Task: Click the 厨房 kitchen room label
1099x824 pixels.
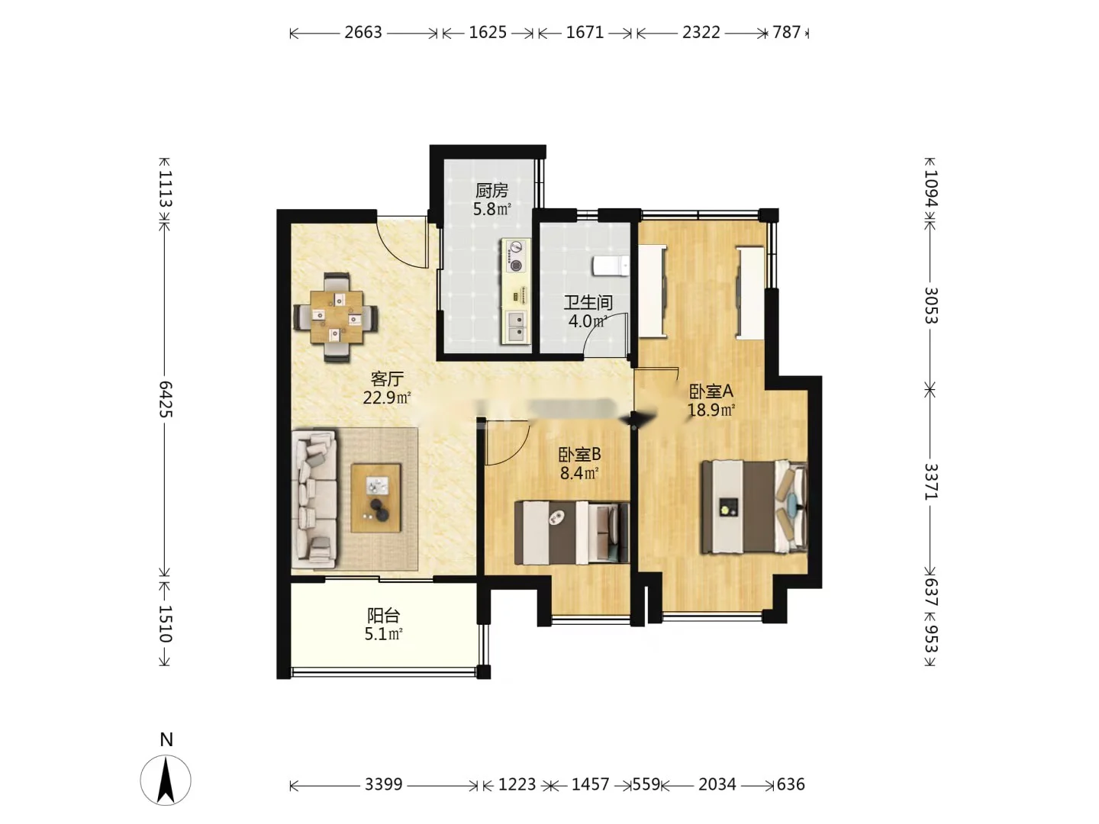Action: [x=491, y=190]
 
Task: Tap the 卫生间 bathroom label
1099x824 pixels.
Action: [x=588, y=303]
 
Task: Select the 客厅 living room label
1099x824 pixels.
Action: [x=386, y=378]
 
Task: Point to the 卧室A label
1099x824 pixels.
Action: [x=711, y=391]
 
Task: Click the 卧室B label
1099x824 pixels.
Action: [x=579, y=454]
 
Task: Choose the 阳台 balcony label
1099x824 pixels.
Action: [x=384, y=615]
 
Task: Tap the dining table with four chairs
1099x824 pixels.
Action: [x=336, y=317]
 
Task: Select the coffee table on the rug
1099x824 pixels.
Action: [x=376, y=497]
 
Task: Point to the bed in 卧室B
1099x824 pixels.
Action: [x=572, y=533]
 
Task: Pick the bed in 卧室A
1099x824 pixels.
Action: [x=755, y=507]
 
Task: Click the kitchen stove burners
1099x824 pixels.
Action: [x=516, y=256]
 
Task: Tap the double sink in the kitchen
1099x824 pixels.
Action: [x=516, y=327]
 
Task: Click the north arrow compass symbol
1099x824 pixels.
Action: [x=166, y=780]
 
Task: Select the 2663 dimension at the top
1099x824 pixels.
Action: [x=363, y=33]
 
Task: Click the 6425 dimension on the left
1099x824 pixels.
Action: [x=165, y=399]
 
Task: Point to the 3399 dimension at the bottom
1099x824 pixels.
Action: [x=384, y=784]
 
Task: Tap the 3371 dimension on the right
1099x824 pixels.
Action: [x=930, y=481]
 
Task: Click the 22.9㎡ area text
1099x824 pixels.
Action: [x=387, y=398]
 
